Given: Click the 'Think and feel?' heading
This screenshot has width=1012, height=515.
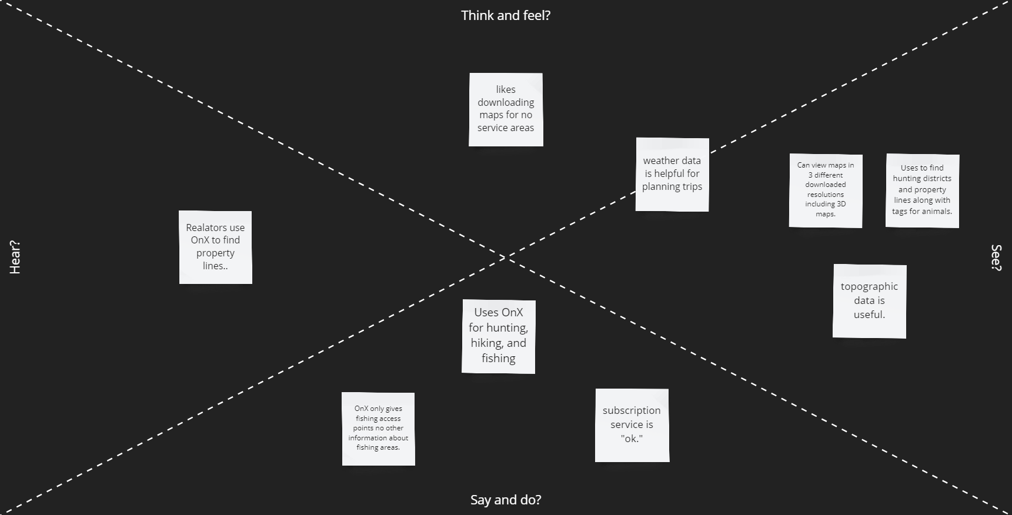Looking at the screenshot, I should [x=506, y=16].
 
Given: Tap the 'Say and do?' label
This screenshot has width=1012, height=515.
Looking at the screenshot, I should [x=506, y=500].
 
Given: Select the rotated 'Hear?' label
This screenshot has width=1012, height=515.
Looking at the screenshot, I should [x=15, y=257].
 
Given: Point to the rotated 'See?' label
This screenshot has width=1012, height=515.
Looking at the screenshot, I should [x=996, y=257].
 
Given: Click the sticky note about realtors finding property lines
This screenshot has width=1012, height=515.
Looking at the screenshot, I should [x=215, y=247].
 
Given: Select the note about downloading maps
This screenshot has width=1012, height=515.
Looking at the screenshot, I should [x=506, y=109].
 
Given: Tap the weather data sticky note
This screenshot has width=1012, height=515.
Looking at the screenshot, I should [x=672, y=174].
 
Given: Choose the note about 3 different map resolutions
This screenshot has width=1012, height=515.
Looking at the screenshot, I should [x=826, y=190].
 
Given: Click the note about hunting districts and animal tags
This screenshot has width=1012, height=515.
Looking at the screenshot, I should [x=922, y=190].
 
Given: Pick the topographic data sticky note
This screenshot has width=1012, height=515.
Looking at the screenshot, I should [x=869, y=301].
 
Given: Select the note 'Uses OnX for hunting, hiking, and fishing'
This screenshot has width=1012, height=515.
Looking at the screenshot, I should [x=498, y=336].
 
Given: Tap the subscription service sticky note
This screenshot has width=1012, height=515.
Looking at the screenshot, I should [x=632, y=425].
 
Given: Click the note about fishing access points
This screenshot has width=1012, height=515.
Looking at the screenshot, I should [x=378, y=429].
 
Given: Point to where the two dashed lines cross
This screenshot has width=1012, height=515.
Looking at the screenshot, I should [x=506, y=257].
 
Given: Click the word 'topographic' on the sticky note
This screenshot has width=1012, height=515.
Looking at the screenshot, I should [x=869, y=287].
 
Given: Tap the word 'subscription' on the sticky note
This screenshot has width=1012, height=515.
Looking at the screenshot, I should [x=632, y=411].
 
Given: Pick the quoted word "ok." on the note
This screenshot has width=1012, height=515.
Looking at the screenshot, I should [x=632, y=439].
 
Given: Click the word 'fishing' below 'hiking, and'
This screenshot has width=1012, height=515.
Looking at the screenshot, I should [x=498, y=359].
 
